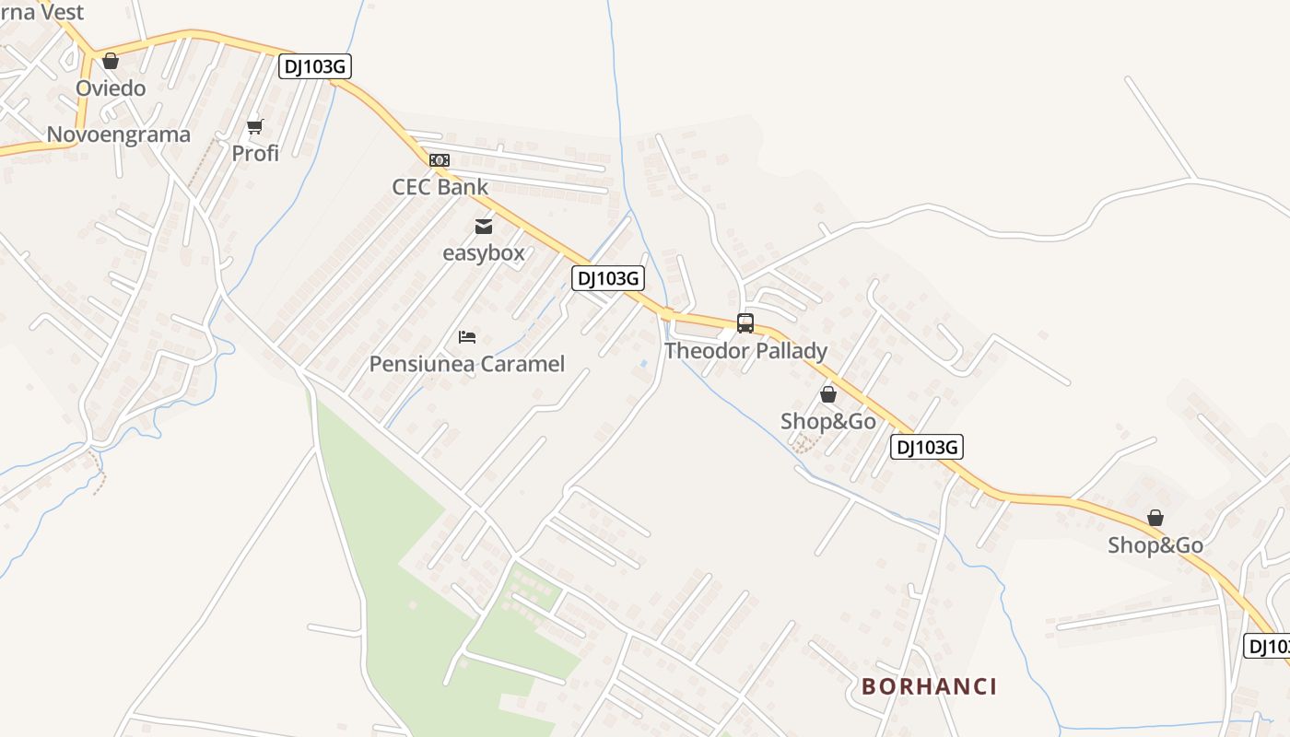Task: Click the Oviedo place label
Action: pos(111,88)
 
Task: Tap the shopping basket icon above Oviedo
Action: pos(111,61)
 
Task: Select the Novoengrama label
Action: pos(118,135)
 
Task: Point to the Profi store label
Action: pos(255,153)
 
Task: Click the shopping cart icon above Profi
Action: pos(255,126)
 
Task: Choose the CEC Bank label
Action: pos(440,187)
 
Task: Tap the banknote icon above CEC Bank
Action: pos(440,160)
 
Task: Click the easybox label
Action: pos(484,252)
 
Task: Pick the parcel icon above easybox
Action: pos(484,227)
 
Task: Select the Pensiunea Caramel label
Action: pos(466,364)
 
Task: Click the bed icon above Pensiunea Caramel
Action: pos(467,337)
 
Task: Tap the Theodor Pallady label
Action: pos(745,351)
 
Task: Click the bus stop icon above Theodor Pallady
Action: pos(745,323)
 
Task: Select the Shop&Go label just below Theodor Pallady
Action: pos(827,422)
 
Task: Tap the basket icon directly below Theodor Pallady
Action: pos(828,395)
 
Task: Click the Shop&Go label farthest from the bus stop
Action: pos(1155,545)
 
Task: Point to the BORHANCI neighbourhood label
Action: pos(929,686)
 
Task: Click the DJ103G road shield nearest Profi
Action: pos(315,66)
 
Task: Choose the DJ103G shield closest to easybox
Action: pos(607,278)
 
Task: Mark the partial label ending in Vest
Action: pos(43,11)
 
